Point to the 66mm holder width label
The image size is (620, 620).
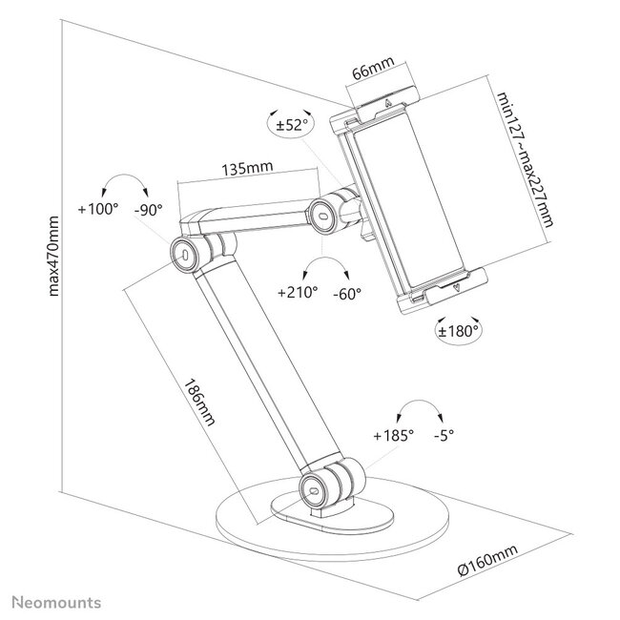[369, 72]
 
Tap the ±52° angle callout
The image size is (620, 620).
[292, 124]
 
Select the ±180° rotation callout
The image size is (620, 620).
[458, 331]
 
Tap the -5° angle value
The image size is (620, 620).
[444, 435]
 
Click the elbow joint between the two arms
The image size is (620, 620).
[186, 252]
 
